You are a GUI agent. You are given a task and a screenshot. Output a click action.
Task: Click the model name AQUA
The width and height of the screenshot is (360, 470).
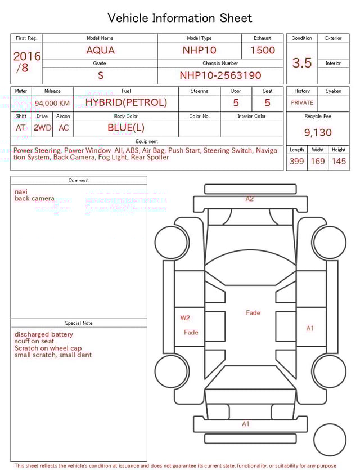pyautogui.click(x=100, y=50)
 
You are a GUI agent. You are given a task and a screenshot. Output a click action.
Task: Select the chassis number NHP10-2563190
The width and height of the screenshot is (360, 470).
pyautogui.click(x=220, y=75)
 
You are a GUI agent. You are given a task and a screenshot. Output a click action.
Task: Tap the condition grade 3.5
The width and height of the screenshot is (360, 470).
pyautogui.click(x=302, y=63)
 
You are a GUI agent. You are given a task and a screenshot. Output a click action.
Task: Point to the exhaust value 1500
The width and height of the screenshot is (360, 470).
pyautogui.click(x=263, y=50)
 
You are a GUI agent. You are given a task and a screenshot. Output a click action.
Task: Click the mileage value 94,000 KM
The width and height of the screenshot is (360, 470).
pyautogui.click(x=52, y=103)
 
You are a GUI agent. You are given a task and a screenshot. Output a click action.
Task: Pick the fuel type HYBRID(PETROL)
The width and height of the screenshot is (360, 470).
pyautogui.click(x=126, y=102)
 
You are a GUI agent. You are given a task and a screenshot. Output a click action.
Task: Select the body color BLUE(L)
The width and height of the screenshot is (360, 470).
pyautogui.click(x=126, y=127)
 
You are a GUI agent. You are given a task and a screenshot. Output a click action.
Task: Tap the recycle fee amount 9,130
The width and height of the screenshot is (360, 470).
pyautogui.click(x=318, y=133)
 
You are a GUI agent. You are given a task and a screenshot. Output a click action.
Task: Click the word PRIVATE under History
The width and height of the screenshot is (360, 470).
pyautogui.click(x=302, y=103)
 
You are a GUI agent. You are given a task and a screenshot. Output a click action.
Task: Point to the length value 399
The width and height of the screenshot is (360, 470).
pyautogui.click(x=296, y=161)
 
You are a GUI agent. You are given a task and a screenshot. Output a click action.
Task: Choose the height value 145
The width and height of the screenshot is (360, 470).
pyautogui.click(x=339, y=161)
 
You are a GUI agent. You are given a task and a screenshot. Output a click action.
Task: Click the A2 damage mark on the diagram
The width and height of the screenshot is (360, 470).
pyautogui.click(x=250, y=199)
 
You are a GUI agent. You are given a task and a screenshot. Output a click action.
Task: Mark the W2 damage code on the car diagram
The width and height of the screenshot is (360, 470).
pyautogui.click(x=185, y=317)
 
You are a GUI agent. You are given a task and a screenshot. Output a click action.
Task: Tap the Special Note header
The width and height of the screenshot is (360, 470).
pyautogui.click(x=79, y=323)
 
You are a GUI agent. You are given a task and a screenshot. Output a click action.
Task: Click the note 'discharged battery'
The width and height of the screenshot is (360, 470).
pyautogui.click(x=44, y=334)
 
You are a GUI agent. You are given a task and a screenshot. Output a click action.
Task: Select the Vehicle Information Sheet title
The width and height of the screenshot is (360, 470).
pyautogui.click(x=180, y=18)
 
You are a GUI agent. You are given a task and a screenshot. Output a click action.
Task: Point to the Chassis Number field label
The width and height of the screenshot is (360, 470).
pyautogui.click(x=220, y=64)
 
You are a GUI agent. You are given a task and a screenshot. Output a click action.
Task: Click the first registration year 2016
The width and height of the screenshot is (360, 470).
pyautogui.click(x=26, y=56)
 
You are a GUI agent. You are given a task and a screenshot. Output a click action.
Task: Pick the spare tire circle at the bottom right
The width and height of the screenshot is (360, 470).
pyautogui.click(x=330, y=440)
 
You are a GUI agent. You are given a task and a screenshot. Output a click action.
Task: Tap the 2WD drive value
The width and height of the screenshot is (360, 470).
pyautogui.click(x=42, y=128)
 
